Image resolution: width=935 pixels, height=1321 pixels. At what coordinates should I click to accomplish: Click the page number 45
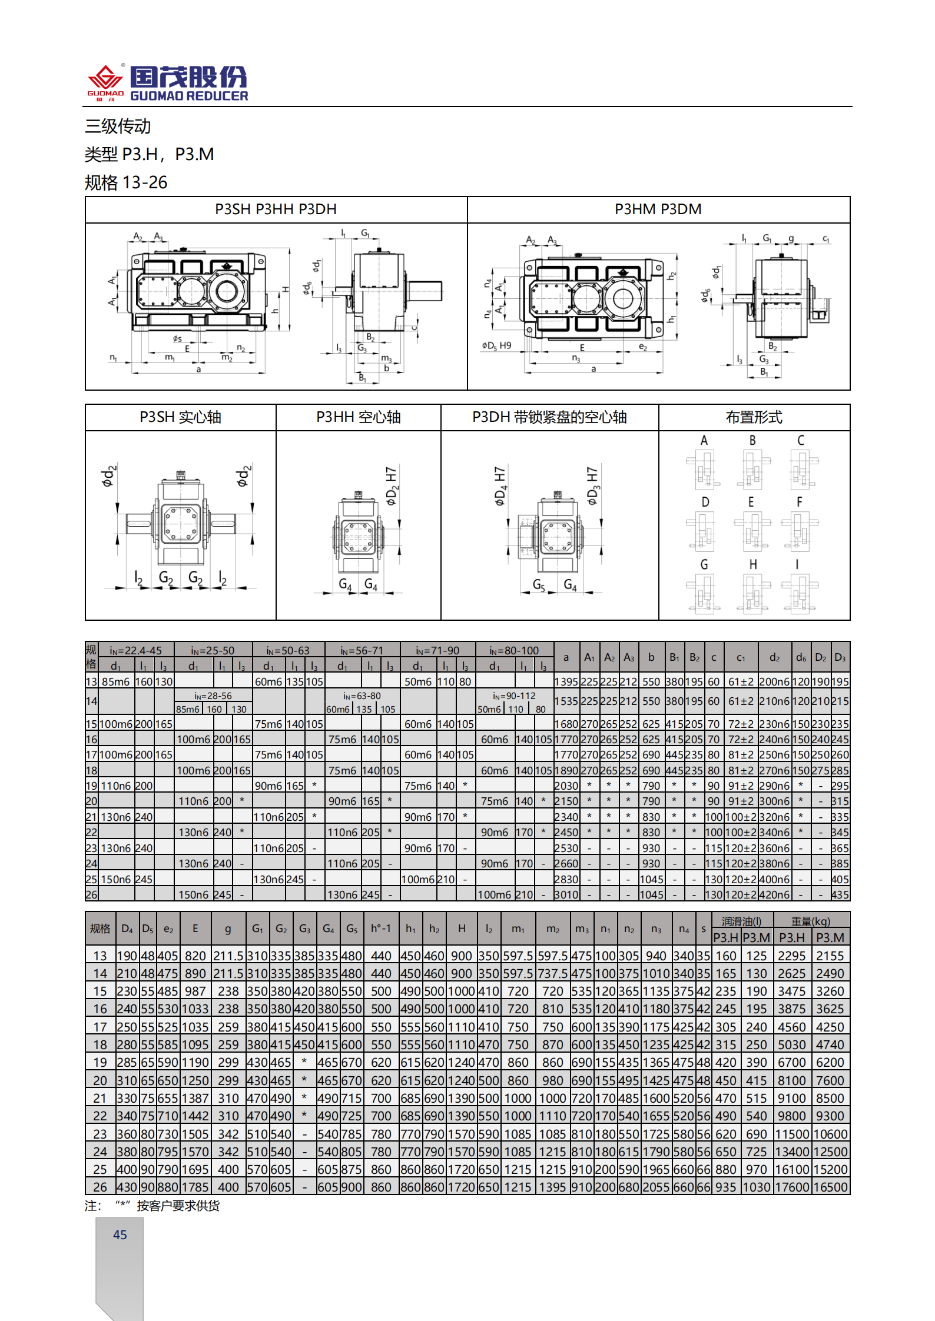pyautogui.click(x=120, y=1235)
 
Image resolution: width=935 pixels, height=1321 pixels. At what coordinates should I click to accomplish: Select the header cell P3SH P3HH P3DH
pyautogui.click(x=276, y=209)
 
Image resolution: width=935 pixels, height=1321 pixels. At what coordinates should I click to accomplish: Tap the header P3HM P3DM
pyautogui.click(x=658, y=209)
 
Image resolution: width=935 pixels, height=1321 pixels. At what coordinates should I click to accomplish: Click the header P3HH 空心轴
pyautogui.click(x=358, y=417)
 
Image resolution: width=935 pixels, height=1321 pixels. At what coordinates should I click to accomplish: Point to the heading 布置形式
pyautogui.click(x=754, y=417)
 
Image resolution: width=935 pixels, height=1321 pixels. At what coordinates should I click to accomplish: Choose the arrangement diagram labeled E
pyautogui.click(x=752, y=530)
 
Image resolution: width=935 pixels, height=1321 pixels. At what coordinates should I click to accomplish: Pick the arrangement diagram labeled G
pyautogui.click(x=704, y=593)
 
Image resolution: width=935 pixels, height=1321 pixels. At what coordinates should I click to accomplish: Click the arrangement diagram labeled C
pyautogui.click(x=801, y=468)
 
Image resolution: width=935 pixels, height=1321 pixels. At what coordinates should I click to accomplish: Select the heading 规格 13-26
pyautogui.click(x=126, y=182)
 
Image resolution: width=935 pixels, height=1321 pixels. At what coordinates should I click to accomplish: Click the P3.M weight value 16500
pyautogui.click(x=830, y=1187)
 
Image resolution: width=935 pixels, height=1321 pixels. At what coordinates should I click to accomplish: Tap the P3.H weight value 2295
pyautogui.click(x=791, y=956)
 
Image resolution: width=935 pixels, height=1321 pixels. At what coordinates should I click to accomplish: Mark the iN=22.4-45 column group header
pyautogui.click(x=135, y=650)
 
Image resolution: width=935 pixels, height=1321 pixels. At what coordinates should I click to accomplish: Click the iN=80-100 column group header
pyautogui.click(x=514, y=650)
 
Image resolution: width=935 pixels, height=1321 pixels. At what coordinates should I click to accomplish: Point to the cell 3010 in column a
pyautogui.click(x=566, y=894)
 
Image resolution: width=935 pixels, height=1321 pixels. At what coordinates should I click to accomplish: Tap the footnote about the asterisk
pyautogui.click(x=152, y=1206)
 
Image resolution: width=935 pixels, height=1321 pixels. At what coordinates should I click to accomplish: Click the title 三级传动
pyautogui.click(x=118, y=126)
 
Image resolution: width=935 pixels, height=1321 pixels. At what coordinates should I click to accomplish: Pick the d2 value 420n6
pyautogui.click(x=774, y=894)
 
